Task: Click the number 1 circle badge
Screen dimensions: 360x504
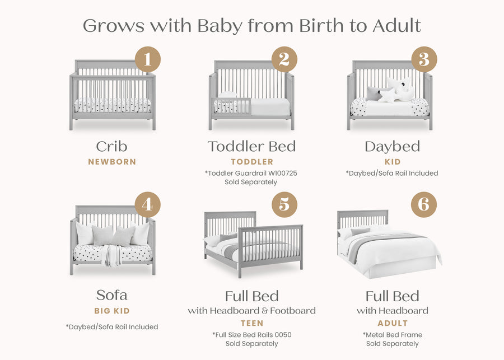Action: tap(148, 59)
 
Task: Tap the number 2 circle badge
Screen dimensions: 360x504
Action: tap(284, 59)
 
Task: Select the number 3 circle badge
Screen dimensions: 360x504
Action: tap(424, 59)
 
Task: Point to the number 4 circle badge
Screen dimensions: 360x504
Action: tap(147, 205)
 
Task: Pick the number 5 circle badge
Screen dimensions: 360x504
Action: tap(284, 205)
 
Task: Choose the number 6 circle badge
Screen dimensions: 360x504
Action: tap(424, 205)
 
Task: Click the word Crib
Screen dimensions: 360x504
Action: tap(111, 147)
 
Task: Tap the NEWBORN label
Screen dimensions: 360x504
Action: tap(112, 162)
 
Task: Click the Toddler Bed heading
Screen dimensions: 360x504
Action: tap(251, 147)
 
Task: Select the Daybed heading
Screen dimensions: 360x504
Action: tap(392, 147)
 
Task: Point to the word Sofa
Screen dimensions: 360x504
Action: tap(111, 295)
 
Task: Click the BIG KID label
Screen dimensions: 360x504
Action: tap(112, 310)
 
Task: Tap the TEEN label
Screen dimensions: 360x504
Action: tap(251, 323)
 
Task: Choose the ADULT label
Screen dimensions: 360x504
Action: tap(393, 323)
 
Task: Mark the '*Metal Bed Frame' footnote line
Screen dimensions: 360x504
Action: tap(392, 335)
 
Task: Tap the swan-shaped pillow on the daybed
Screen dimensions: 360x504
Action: tap(402, 88)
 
